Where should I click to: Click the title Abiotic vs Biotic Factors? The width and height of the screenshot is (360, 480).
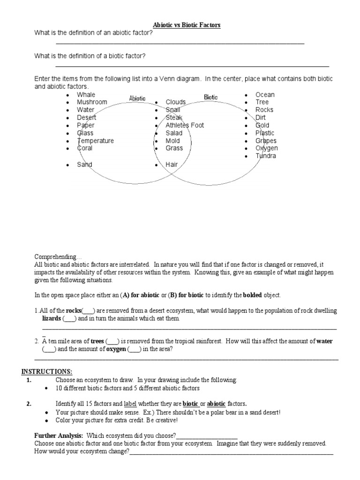(180, 25)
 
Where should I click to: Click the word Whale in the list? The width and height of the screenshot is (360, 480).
(86, 95)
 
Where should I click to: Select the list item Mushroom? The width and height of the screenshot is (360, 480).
(92, 102)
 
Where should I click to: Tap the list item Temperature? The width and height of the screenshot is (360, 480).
(95, 141)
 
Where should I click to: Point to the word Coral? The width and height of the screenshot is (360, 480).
(85, 148)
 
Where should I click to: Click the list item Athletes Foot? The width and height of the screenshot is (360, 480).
(185, 125)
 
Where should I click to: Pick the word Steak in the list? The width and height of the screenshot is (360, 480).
(174, 118)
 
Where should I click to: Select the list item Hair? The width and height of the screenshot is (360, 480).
(172, 165)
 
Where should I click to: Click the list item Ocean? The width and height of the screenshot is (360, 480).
(265, 95)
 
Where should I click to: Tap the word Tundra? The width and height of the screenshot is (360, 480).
(266, 156)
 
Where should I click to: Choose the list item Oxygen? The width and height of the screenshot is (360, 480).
(266, 148)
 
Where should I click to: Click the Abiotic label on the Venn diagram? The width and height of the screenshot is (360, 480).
(137, 98)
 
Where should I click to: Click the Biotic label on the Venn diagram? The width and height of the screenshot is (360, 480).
(211, 97)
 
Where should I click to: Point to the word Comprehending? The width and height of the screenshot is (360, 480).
(58, 257)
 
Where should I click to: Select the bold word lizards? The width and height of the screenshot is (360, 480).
(52, 318)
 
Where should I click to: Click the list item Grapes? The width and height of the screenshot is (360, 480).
(266, 141)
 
